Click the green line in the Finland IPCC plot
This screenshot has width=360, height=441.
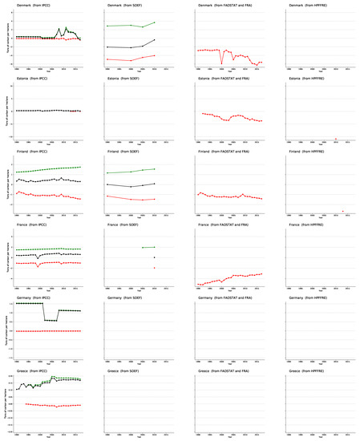(x=48, y=170)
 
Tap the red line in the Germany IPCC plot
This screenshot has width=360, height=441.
(x=48, y=331)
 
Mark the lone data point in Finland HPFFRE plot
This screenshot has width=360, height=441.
(x=342, y=211)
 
